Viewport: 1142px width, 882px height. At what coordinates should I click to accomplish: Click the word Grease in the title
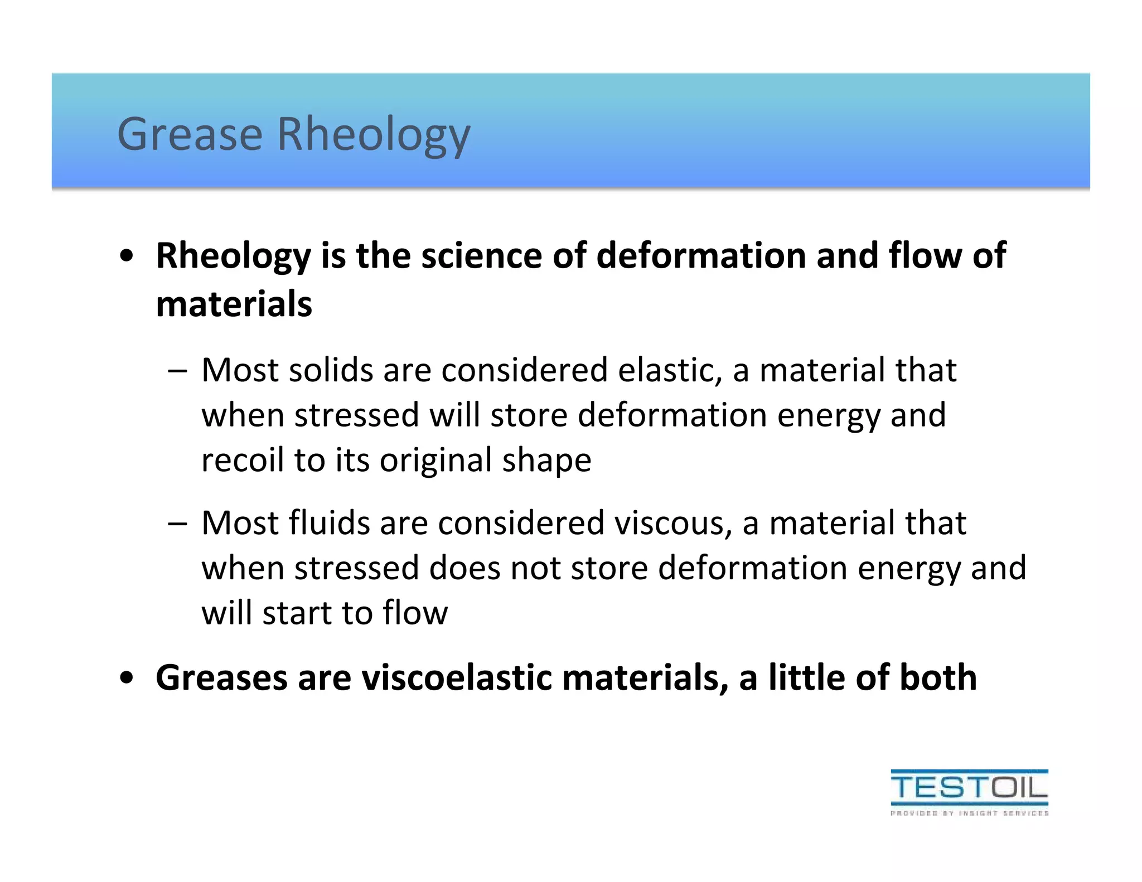pyautogui.click(x=190, y=134)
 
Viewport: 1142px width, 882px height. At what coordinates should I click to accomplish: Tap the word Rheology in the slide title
pyautogui.click(x=374, y=135)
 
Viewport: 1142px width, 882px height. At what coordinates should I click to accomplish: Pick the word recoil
pyautogui.click(x=243, y=460)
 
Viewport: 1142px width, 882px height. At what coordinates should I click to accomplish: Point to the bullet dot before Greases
pyautogui.click(x=127, y=679)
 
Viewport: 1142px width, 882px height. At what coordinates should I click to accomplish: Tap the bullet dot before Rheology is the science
pyautogui.click(x=127, y=256)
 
